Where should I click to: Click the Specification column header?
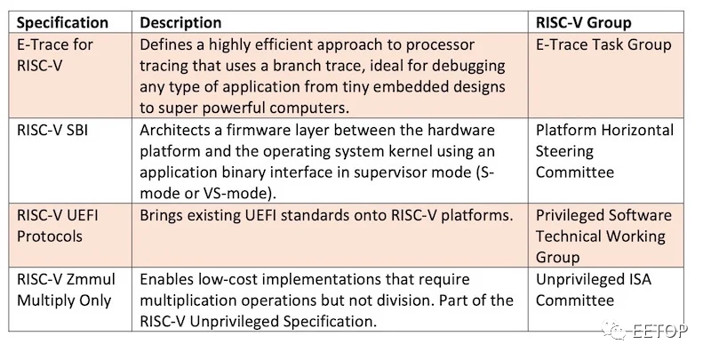click(x=62, y=23)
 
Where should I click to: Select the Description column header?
click(x=180, y=23)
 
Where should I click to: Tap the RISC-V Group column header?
click(x=583, y=23)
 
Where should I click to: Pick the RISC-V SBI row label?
click(x=52, y=130)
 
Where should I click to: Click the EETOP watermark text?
click(x=659, y=331)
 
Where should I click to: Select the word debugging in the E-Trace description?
click(x=468, y=66)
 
